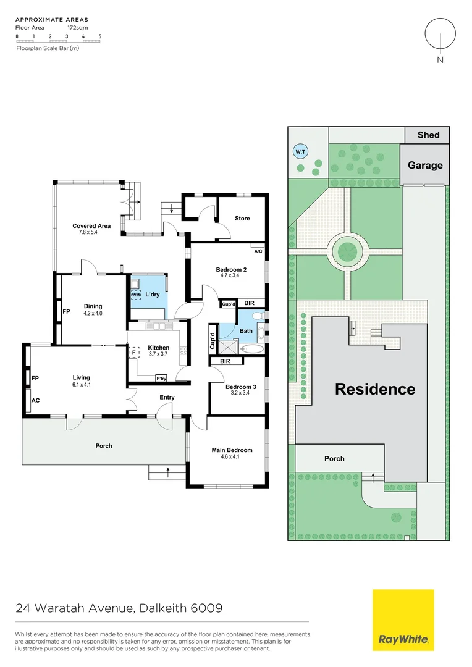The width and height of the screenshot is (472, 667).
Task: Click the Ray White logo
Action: coord(403,619)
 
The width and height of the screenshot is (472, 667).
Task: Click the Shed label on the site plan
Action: coord(428,135)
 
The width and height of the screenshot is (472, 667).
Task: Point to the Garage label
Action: coord(425,165)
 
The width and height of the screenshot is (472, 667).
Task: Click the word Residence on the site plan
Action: coord(375,389)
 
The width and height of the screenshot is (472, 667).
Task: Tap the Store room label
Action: coord(242,218)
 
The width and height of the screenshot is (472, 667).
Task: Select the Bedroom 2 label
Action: coord(232,269)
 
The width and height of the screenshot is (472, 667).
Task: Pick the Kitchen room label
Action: coord(159,348)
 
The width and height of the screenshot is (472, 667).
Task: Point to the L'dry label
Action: coord(153,295)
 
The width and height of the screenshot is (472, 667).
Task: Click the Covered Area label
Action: coord(91,226)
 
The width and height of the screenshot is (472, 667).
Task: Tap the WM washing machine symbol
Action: coord(135,295)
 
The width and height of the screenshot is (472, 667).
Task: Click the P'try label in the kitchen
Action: coord(161,378)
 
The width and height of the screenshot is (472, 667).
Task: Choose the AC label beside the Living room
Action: coord(35,400)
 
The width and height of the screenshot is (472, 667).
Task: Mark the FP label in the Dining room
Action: coord(66,311)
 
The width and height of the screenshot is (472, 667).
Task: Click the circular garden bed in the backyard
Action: coord(346,251)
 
